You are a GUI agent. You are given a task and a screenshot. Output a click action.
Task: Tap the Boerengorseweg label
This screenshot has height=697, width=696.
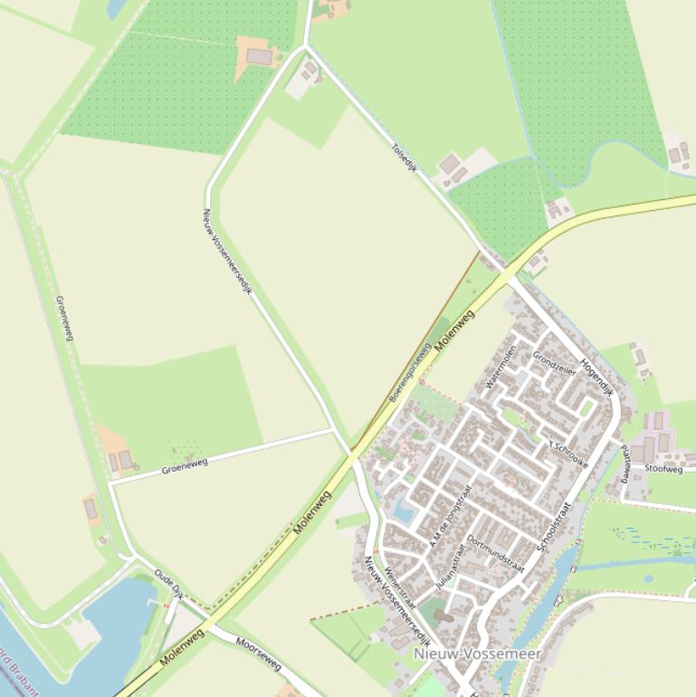click(409, 373)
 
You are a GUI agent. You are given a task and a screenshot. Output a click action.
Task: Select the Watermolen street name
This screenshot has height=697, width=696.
click(500, 367)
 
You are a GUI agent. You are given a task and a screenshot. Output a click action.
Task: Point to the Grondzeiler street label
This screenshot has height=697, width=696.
click(554, 363)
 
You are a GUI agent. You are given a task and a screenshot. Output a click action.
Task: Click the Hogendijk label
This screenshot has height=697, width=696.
click(596, 378)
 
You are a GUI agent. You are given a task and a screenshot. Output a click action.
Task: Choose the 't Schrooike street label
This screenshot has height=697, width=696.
click(569, 454)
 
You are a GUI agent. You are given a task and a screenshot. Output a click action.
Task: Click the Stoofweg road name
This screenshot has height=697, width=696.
click(663, 469)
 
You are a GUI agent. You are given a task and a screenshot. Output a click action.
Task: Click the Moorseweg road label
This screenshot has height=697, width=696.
click(258, 654)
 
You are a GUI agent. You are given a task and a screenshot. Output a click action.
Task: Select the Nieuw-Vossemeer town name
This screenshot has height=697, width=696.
click(477, 654)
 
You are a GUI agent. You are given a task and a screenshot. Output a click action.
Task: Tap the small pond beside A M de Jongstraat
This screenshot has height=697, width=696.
click(404, 512)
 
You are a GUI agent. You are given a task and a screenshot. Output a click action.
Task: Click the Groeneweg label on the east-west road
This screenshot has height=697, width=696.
click(185, 465)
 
